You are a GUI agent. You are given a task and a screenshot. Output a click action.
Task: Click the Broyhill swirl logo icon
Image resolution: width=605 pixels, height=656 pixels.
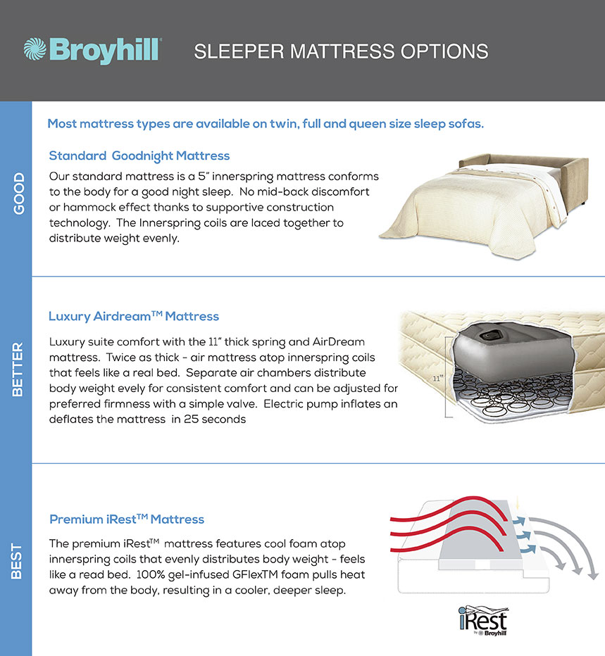[35, 49]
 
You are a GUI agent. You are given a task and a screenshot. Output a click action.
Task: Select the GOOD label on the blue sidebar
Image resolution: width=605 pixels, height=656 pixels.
[18, 194]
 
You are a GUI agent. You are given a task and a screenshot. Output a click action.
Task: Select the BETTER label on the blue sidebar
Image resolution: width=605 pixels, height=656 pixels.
[18, 370]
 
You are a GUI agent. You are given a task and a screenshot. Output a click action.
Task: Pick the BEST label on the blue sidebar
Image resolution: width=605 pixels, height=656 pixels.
[16, 561]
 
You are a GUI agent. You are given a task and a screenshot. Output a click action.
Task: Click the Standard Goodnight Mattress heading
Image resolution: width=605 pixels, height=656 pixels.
[139, 156]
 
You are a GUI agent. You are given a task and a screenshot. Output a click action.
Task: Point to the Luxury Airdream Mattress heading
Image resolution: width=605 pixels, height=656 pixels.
[134, 316]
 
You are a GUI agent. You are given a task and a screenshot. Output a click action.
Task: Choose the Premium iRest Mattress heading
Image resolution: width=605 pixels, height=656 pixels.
[127, 519]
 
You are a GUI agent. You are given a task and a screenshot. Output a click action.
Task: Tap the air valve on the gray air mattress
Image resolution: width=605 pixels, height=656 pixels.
[489, 335]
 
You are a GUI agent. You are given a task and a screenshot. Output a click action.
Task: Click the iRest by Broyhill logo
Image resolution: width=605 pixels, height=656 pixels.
[483, 621]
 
